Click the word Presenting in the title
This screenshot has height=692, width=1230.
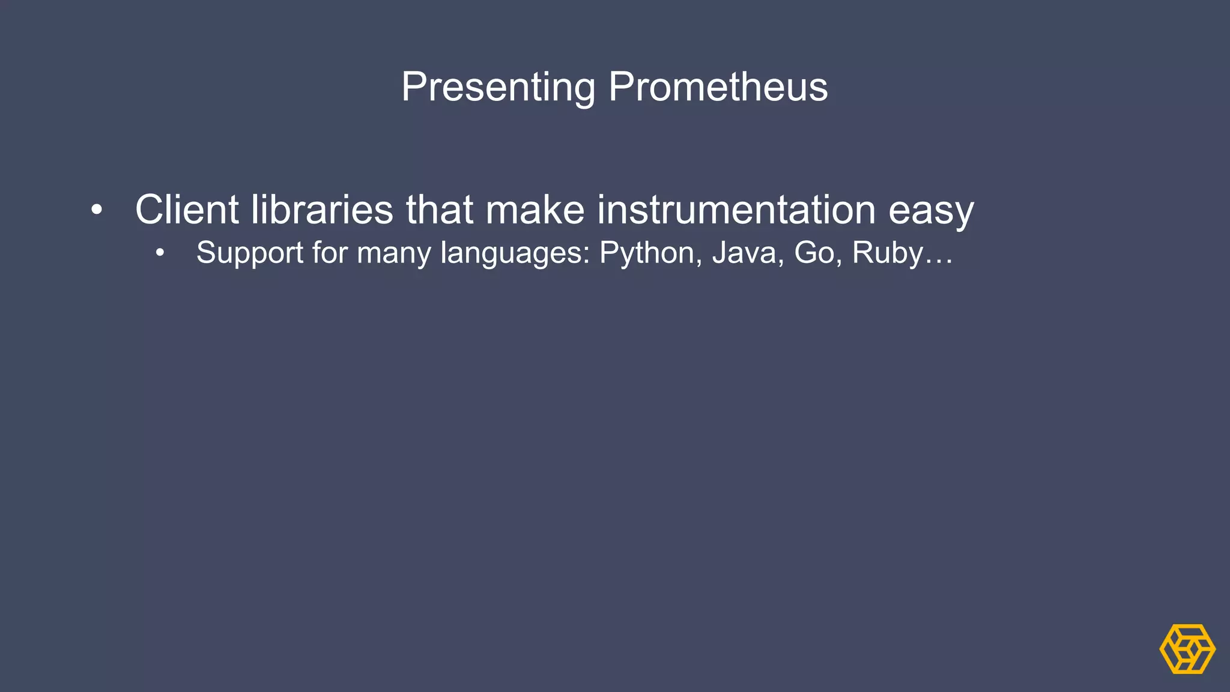498,87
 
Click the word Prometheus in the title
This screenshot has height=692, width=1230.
718,87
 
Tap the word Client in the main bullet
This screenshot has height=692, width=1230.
187,210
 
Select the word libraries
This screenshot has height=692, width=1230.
322,210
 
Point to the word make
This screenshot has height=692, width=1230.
535,210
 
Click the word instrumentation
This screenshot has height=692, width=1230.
736,210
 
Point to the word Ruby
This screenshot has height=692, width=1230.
888,253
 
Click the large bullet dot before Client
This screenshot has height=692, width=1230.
97,210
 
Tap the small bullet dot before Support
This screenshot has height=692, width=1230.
159,253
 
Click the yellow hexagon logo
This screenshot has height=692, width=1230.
1187,649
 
